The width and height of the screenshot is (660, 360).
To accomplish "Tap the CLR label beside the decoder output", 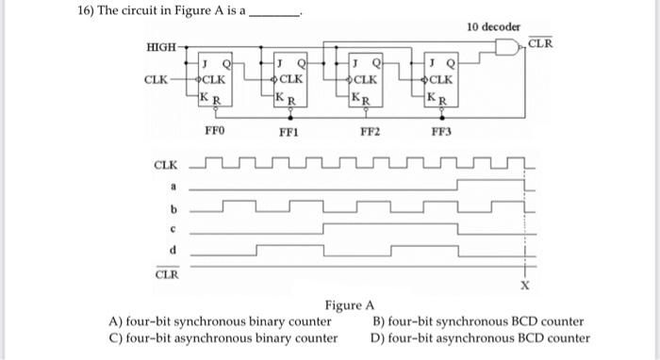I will [540, 43].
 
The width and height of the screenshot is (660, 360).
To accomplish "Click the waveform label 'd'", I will [173, 250].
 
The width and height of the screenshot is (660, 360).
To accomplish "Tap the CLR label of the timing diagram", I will [166, 274].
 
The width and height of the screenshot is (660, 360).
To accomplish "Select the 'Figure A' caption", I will [350, 305].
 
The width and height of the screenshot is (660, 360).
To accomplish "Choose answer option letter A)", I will [118, 321].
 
